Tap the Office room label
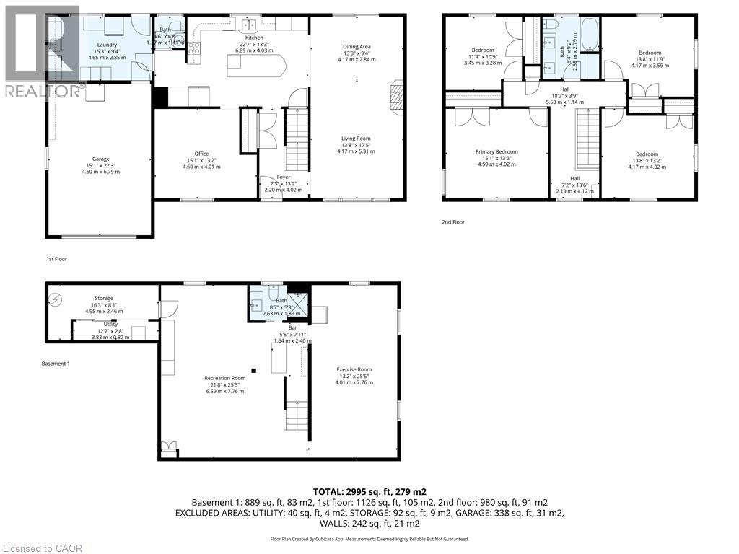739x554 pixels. click(201, 154)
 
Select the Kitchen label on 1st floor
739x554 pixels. click(254, 38)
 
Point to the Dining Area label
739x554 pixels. click(357, 47)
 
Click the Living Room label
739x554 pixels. click(357, 138)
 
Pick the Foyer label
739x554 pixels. click(284, 177)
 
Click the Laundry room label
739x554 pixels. click(107, 45)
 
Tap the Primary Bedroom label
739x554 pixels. click(497, 151)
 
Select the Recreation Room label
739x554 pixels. click(224, 378)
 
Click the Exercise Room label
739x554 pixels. click(354, 369)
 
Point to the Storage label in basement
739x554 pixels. click(104, 297)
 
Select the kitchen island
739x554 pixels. click(256, 66)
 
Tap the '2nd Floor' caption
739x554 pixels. click(453, 222)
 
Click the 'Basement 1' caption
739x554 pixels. click(56, 364)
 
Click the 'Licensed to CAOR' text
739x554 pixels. click(43, 548)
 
